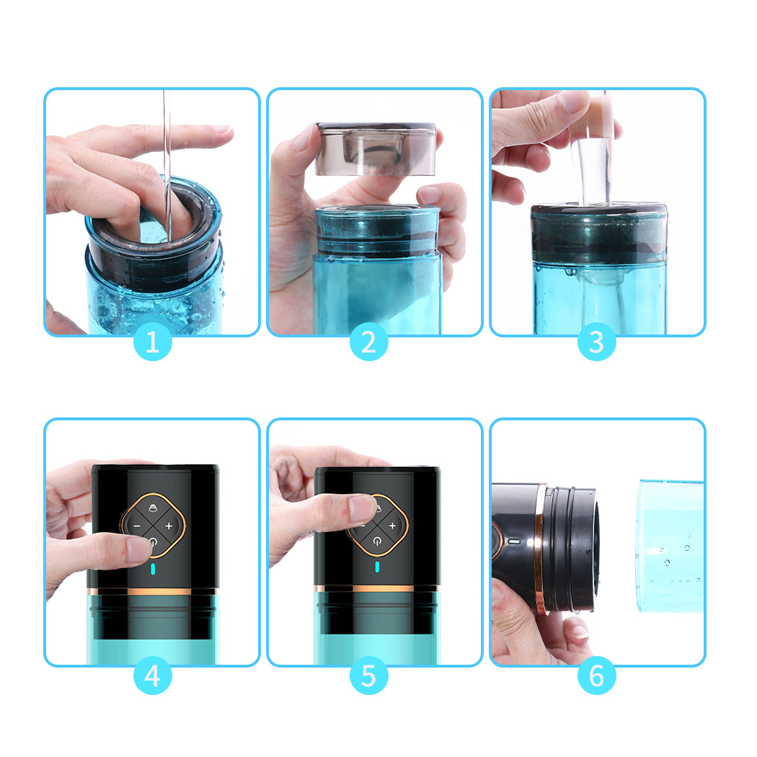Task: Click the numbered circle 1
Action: point(153,342)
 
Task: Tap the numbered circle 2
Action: point(368,342)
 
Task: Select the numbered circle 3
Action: point(596,342)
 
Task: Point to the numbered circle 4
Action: point(153,676)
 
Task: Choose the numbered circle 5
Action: point(368,676)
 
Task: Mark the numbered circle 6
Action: point(596,676)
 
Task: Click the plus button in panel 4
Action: point(169,526)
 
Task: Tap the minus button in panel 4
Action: point(136,526)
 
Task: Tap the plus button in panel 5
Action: point(393,526)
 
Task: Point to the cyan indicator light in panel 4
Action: point(153,570)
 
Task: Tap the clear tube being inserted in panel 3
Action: point(593,169)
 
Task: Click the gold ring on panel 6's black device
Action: point(539,548)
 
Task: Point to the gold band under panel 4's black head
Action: point(153,591)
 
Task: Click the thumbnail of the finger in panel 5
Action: point(361,508)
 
